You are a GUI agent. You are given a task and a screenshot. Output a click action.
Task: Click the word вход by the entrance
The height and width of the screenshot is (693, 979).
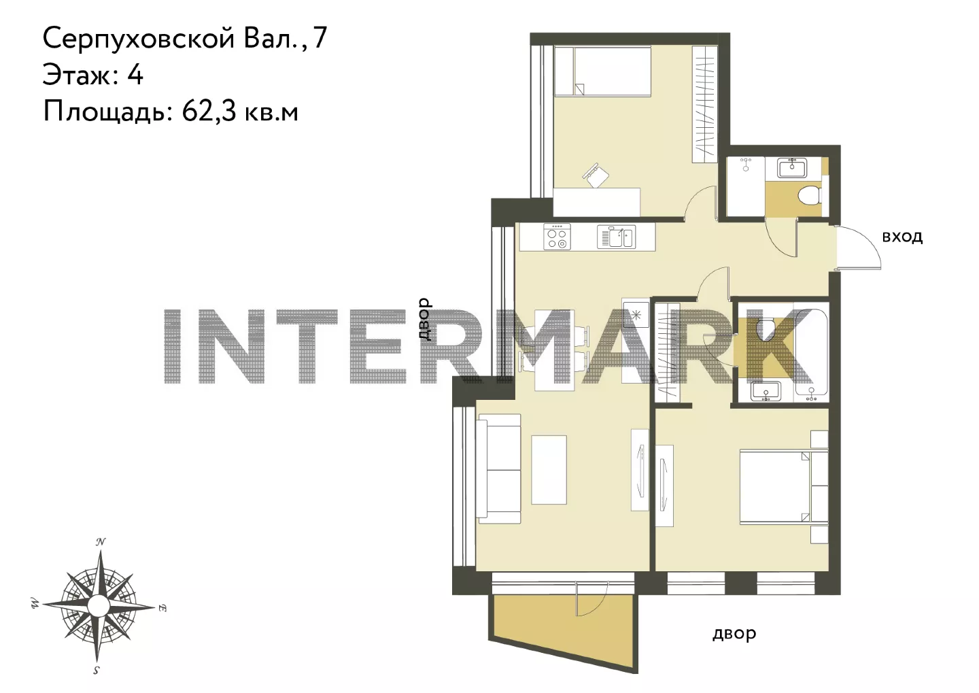pos(903,237)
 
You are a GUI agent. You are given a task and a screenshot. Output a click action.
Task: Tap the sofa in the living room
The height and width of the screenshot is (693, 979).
pos(499,469)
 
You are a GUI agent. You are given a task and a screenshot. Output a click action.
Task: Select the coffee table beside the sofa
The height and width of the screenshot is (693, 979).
pos(549,469)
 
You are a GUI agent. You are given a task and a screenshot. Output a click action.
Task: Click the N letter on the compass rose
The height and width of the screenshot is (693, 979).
pos(101,542)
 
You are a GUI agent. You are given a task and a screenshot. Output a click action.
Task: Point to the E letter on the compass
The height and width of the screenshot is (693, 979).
pos(162,608)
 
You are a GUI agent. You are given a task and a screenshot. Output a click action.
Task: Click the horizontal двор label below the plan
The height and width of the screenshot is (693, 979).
pos(734,634)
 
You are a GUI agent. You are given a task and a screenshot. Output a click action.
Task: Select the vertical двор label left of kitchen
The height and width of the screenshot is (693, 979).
pos(425,319)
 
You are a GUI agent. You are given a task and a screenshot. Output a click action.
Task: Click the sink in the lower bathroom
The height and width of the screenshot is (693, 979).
pos(766,390)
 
